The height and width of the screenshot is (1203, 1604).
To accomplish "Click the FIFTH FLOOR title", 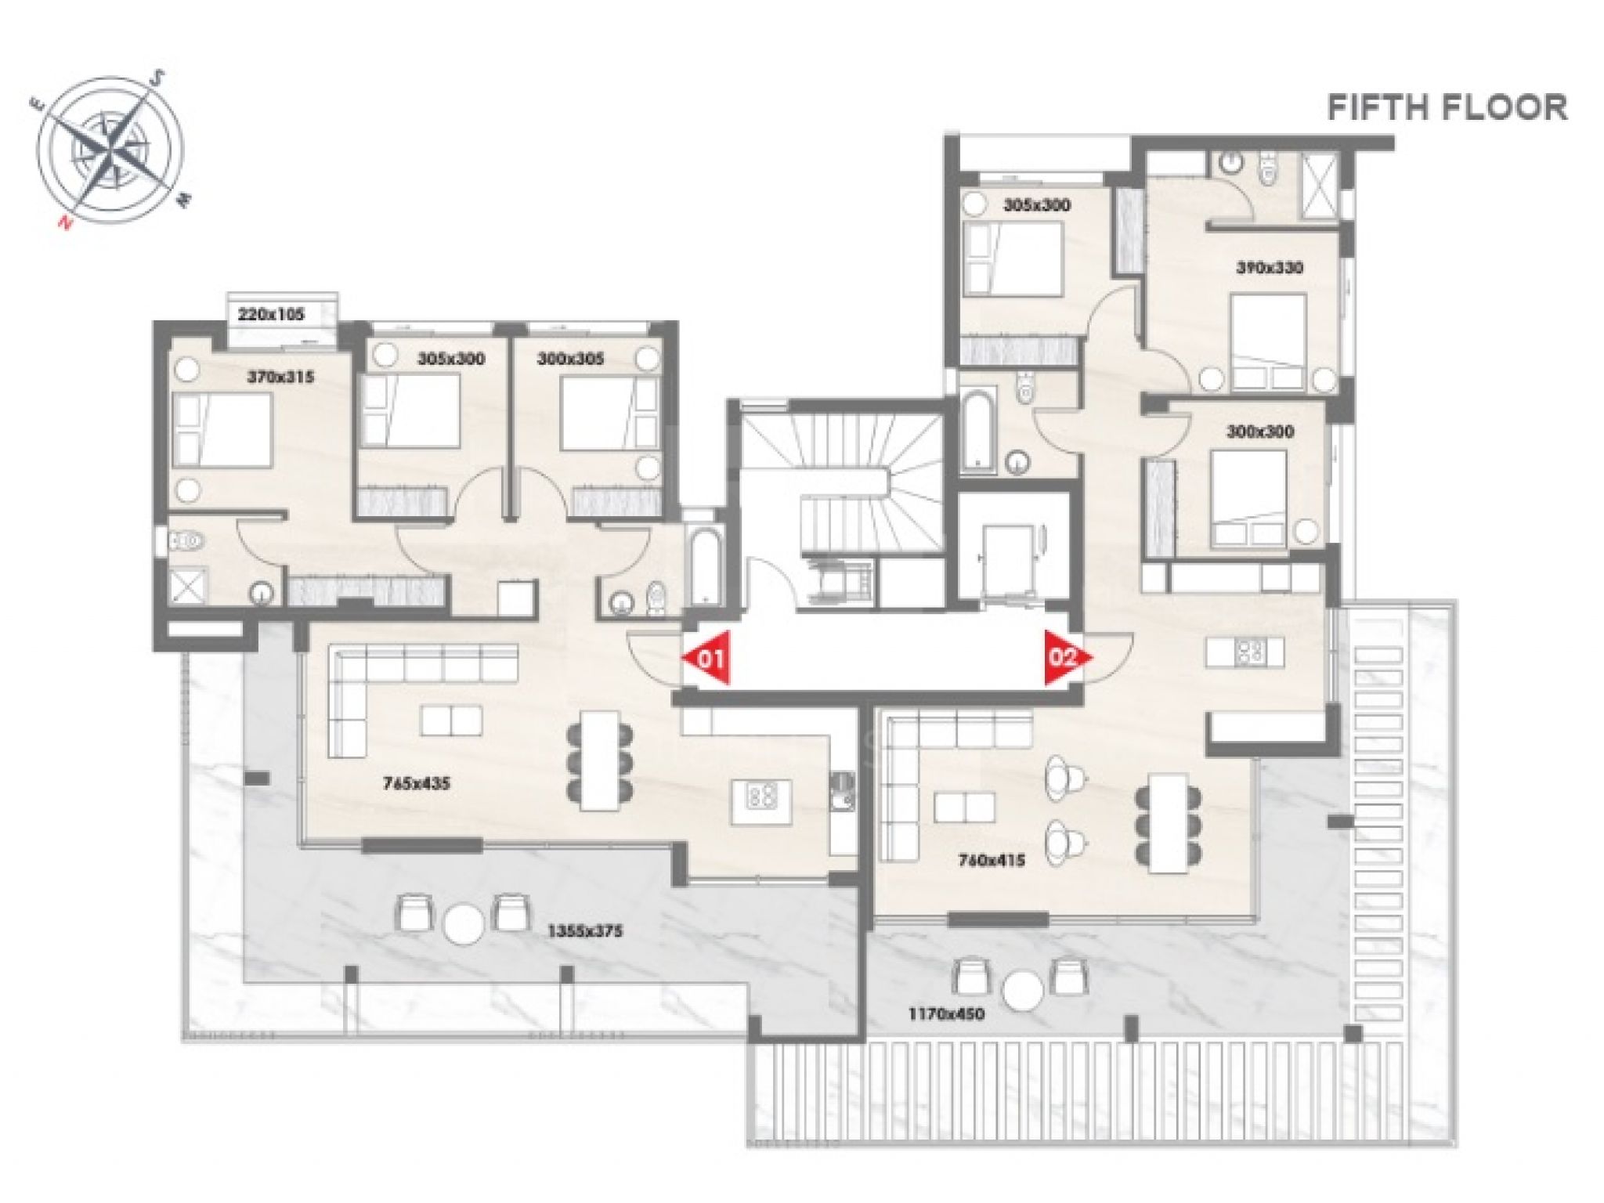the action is coord(1447,107).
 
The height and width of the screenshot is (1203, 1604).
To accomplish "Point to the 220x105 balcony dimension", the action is coord(271,315).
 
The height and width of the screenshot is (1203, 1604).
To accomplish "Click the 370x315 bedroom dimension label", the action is coord(280,377).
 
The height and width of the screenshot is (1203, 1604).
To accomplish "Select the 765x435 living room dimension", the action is coord(417,782).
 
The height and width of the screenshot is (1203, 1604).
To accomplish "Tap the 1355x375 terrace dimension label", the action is coord(585,931).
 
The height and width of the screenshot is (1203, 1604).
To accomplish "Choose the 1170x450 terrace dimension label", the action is coord(946,1014).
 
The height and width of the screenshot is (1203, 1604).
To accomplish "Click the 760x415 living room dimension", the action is coord(992,861).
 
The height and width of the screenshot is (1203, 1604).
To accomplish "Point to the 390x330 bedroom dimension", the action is coord(1270,268).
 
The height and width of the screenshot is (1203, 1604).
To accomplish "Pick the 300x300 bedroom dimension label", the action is coord(1259,432).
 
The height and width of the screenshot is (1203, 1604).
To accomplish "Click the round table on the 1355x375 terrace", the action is coord(463,925).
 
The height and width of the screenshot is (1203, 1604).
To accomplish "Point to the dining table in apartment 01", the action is coord(599,760).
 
